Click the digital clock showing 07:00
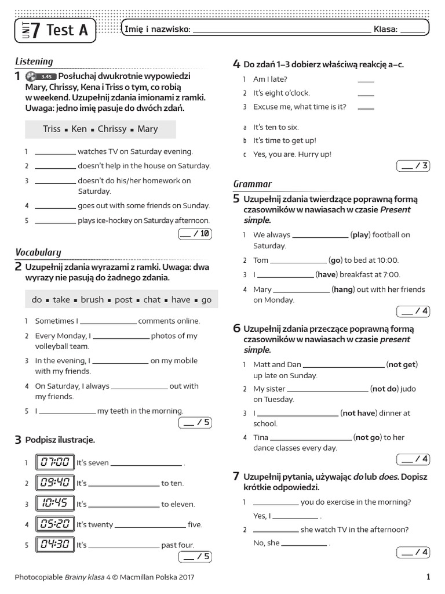pos(55,462)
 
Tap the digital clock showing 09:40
pos(55,483)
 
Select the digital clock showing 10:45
pos(55,504)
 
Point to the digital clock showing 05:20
pos(55,524)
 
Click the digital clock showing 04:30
pos(55,545)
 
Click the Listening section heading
pos(34,61)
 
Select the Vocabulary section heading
pos(38,252)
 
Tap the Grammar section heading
pos(252,184)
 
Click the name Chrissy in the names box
pos(111,129)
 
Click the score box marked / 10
pos(195,234)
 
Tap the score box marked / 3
pos(413,166)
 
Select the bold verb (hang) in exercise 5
pos(343,289)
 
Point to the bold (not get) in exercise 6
pos(402,364)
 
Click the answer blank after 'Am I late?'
pos(366,80)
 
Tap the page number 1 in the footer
pos(428,577)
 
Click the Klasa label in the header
pos(385,30)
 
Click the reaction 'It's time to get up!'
pos(284,140)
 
